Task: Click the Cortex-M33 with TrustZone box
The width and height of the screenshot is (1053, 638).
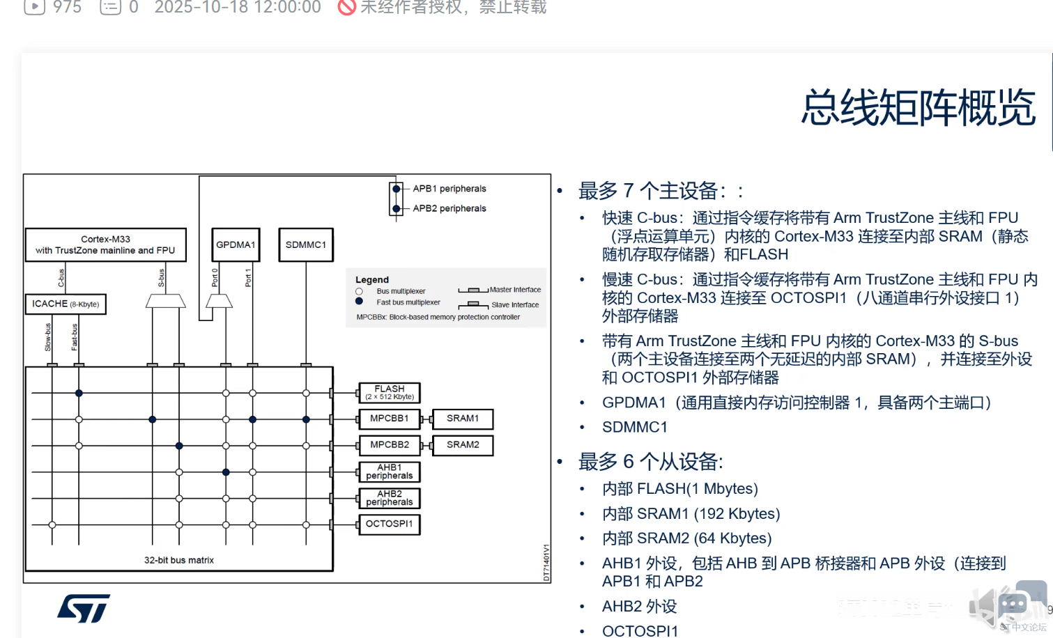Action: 106,244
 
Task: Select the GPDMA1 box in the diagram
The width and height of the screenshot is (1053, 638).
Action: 236,244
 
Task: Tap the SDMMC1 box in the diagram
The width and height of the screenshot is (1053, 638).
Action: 306,244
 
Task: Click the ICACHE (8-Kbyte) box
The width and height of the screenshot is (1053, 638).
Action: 66,304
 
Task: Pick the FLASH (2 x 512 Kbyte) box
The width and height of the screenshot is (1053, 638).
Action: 390,393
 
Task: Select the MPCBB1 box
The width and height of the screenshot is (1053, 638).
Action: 390,419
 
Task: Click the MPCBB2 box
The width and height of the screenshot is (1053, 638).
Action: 390,444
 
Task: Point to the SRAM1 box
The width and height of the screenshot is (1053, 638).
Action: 463,419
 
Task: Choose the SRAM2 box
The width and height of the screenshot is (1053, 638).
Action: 463,444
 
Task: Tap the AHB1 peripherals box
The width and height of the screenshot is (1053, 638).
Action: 390,472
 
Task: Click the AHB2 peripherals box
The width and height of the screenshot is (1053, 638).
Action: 390,498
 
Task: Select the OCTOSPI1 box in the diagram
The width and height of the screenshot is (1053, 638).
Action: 390,524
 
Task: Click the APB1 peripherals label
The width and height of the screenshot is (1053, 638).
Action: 449,189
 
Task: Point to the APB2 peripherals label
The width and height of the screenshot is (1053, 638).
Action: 449,208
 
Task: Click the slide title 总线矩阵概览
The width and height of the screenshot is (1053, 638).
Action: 918,108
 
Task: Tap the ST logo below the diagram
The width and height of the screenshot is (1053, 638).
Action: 84,608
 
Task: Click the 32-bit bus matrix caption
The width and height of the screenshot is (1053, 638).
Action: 179,560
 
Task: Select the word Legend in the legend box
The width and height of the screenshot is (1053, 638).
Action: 372,279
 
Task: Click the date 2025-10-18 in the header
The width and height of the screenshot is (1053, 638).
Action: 196,7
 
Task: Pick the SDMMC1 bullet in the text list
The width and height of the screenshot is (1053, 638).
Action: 635,427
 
